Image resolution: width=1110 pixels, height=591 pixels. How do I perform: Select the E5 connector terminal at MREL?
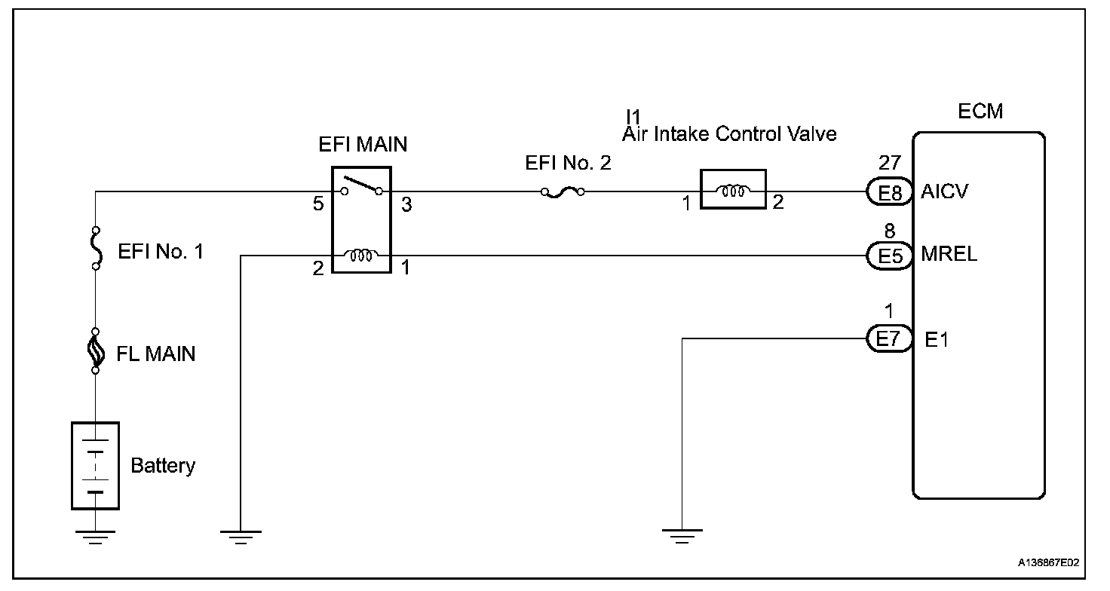click(890, 255)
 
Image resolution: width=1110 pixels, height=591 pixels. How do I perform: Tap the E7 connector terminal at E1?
click(890, 339)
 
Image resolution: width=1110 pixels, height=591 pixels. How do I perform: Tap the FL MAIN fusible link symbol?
click(96, 351)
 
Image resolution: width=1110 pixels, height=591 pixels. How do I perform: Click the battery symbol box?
click(95, 465)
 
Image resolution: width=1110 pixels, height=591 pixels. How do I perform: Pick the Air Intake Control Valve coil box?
click(733, 189)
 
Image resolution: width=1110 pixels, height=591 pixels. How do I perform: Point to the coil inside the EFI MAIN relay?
click(361, 256)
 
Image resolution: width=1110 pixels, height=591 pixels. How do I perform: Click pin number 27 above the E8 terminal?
click(890, 164)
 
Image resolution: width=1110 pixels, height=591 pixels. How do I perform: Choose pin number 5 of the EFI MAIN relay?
click(318, 204)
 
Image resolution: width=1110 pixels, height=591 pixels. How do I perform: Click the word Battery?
click(163, 466)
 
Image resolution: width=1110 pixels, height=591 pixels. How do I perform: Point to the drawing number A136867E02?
click(1048, 562)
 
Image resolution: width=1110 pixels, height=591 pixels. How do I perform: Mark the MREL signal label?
click(949, 255)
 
